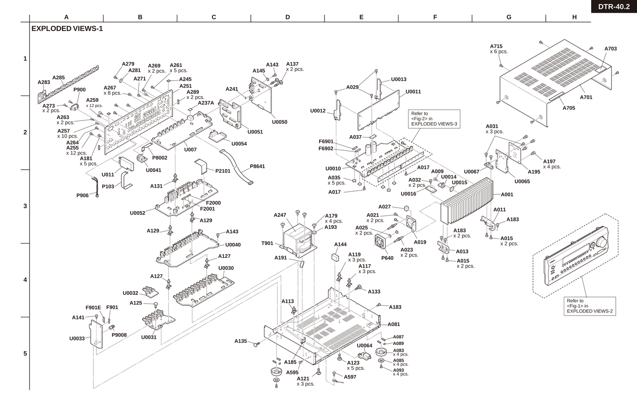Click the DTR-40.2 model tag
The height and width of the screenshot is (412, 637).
click(x=614, y=7)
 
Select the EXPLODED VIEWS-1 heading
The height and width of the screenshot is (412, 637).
click(x=67, y=29)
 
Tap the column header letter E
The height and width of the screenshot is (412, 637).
click(x=361, y=17)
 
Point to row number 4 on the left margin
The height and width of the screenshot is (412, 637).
click(x=25, y=280)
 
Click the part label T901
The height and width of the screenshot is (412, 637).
click(x=267, y=243)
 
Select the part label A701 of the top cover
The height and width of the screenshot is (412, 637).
click(x=586, y=97)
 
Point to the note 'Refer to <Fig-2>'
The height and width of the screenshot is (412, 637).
click(x=435, y=119)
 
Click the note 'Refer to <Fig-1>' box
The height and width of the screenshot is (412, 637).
click(x=590, y=306)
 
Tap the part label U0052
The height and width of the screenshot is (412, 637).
click(x=137, y=213)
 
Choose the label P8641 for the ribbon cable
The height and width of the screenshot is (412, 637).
click(x=257, y=167)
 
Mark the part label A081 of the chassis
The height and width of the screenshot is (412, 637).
click(x=394, y=324)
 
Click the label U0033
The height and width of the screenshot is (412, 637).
click(x=77, y=339)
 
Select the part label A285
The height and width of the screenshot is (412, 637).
click(x=59, y=78)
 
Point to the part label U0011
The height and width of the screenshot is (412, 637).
click(x=413, y=92)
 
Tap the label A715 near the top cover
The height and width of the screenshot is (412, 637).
click(x=496, y=46)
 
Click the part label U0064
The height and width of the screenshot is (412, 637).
click(x=365, y=345)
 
